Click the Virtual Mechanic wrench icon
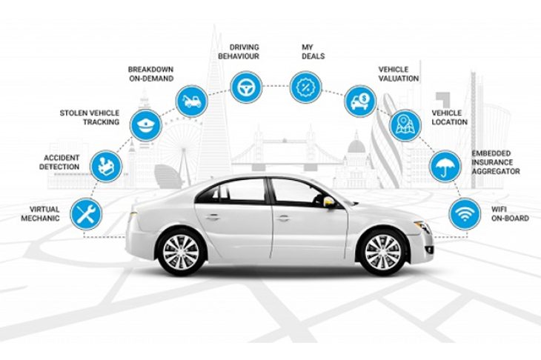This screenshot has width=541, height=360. pyautogui.click(x=86, y=214)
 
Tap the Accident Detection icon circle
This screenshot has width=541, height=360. pyautogui.click(x=106, y=166)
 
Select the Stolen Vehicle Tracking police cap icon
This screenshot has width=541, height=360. pyautogui.click(x=146, y=125)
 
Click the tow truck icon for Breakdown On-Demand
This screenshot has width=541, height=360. pyautogui.click(x=191, y=101)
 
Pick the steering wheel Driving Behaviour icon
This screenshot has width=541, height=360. pyautogui.click(x=246, y=87)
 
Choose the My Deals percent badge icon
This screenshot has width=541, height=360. pyautogui.click(x=305, y=87)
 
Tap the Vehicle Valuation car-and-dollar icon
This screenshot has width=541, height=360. pyautogui.click(x=360, y=101)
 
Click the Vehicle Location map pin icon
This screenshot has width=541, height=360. pyautogui.click(x=405, y=125)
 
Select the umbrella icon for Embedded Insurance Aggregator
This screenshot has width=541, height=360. pyautogui.click(x=445, y=167)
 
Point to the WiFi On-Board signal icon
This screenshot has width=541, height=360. pyautogui.click(x=465, y=214)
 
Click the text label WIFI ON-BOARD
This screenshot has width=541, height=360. pyautogui.click(x=510, y=214)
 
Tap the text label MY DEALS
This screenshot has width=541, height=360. pyautogui.click(x=313, y=52)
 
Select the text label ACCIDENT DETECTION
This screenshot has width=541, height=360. pyautogui.click(x=59, y=162)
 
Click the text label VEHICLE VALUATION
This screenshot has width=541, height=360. pyautogui.click(x=399, y=74)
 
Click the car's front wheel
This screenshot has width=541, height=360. pyautogui.click(x=383, y=252)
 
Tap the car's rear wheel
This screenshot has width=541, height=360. pyautogui.click(x=180, y=252)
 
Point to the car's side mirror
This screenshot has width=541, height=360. pyautogui.click(x=329, y=202)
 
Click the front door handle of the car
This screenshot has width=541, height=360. pyautogui.click(x=283, y=218)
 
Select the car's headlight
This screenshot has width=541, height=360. pyautogui.click(x=422, y=227)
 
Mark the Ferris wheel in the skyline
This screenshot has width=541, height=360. pyautogui.click(x=180, y=148)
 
